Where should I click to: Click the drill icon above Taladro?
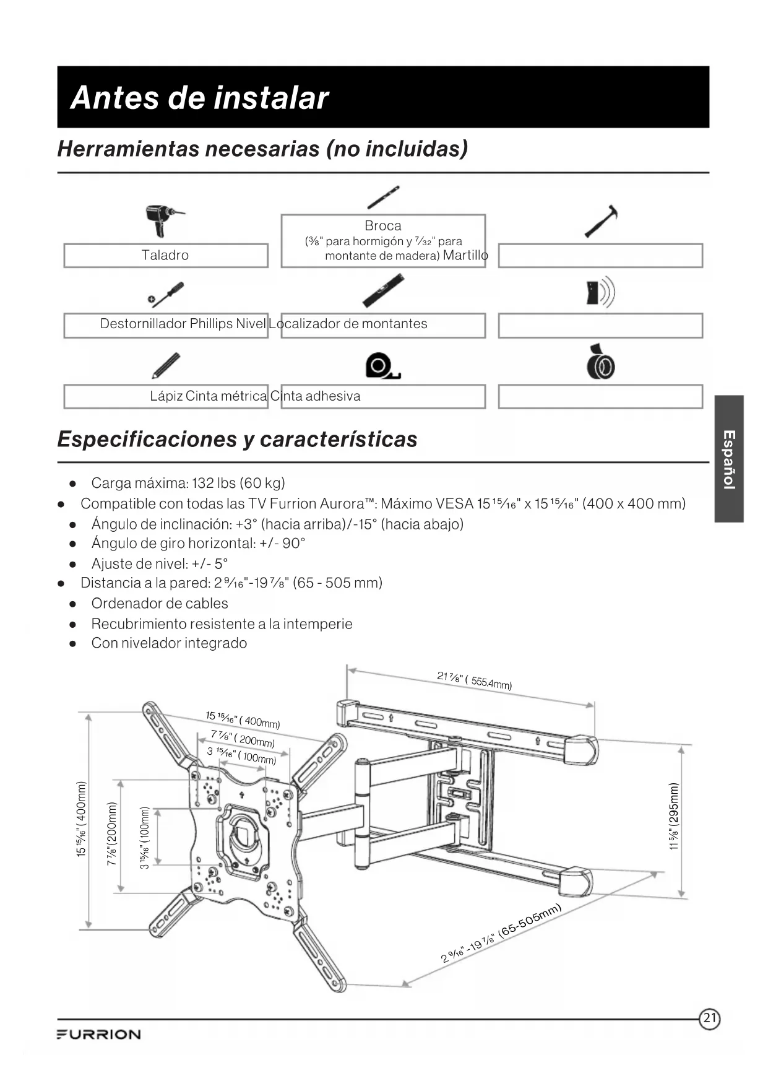[162, 220]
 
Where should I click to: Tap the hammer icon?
[602, 220]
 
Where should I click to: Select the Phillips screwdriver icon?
[166, 295]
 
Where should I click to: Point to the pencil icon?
[166, 365]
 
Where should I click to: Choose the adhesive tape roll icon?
[601, 363]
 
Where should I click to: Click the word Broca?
[382, 226]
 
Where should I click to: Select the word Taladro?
[165, 255]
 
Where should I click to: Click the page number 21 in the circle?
[710, 1018]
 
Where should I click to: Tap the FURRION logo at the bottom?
[99, 1035]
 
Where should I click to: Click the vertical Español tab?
[729, 459]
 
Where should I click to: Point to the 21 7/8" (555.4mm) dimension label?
[474, 680]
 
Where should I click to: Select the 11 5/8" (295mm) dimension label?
[675, 817]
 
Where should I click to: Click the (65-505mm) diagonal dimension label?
[529, 921]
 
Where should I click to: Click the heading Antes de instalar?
[199, 98]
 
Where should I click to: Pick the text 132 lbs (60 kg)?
[238, 483]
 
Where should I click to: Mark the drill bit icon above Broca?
[382, 198]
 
